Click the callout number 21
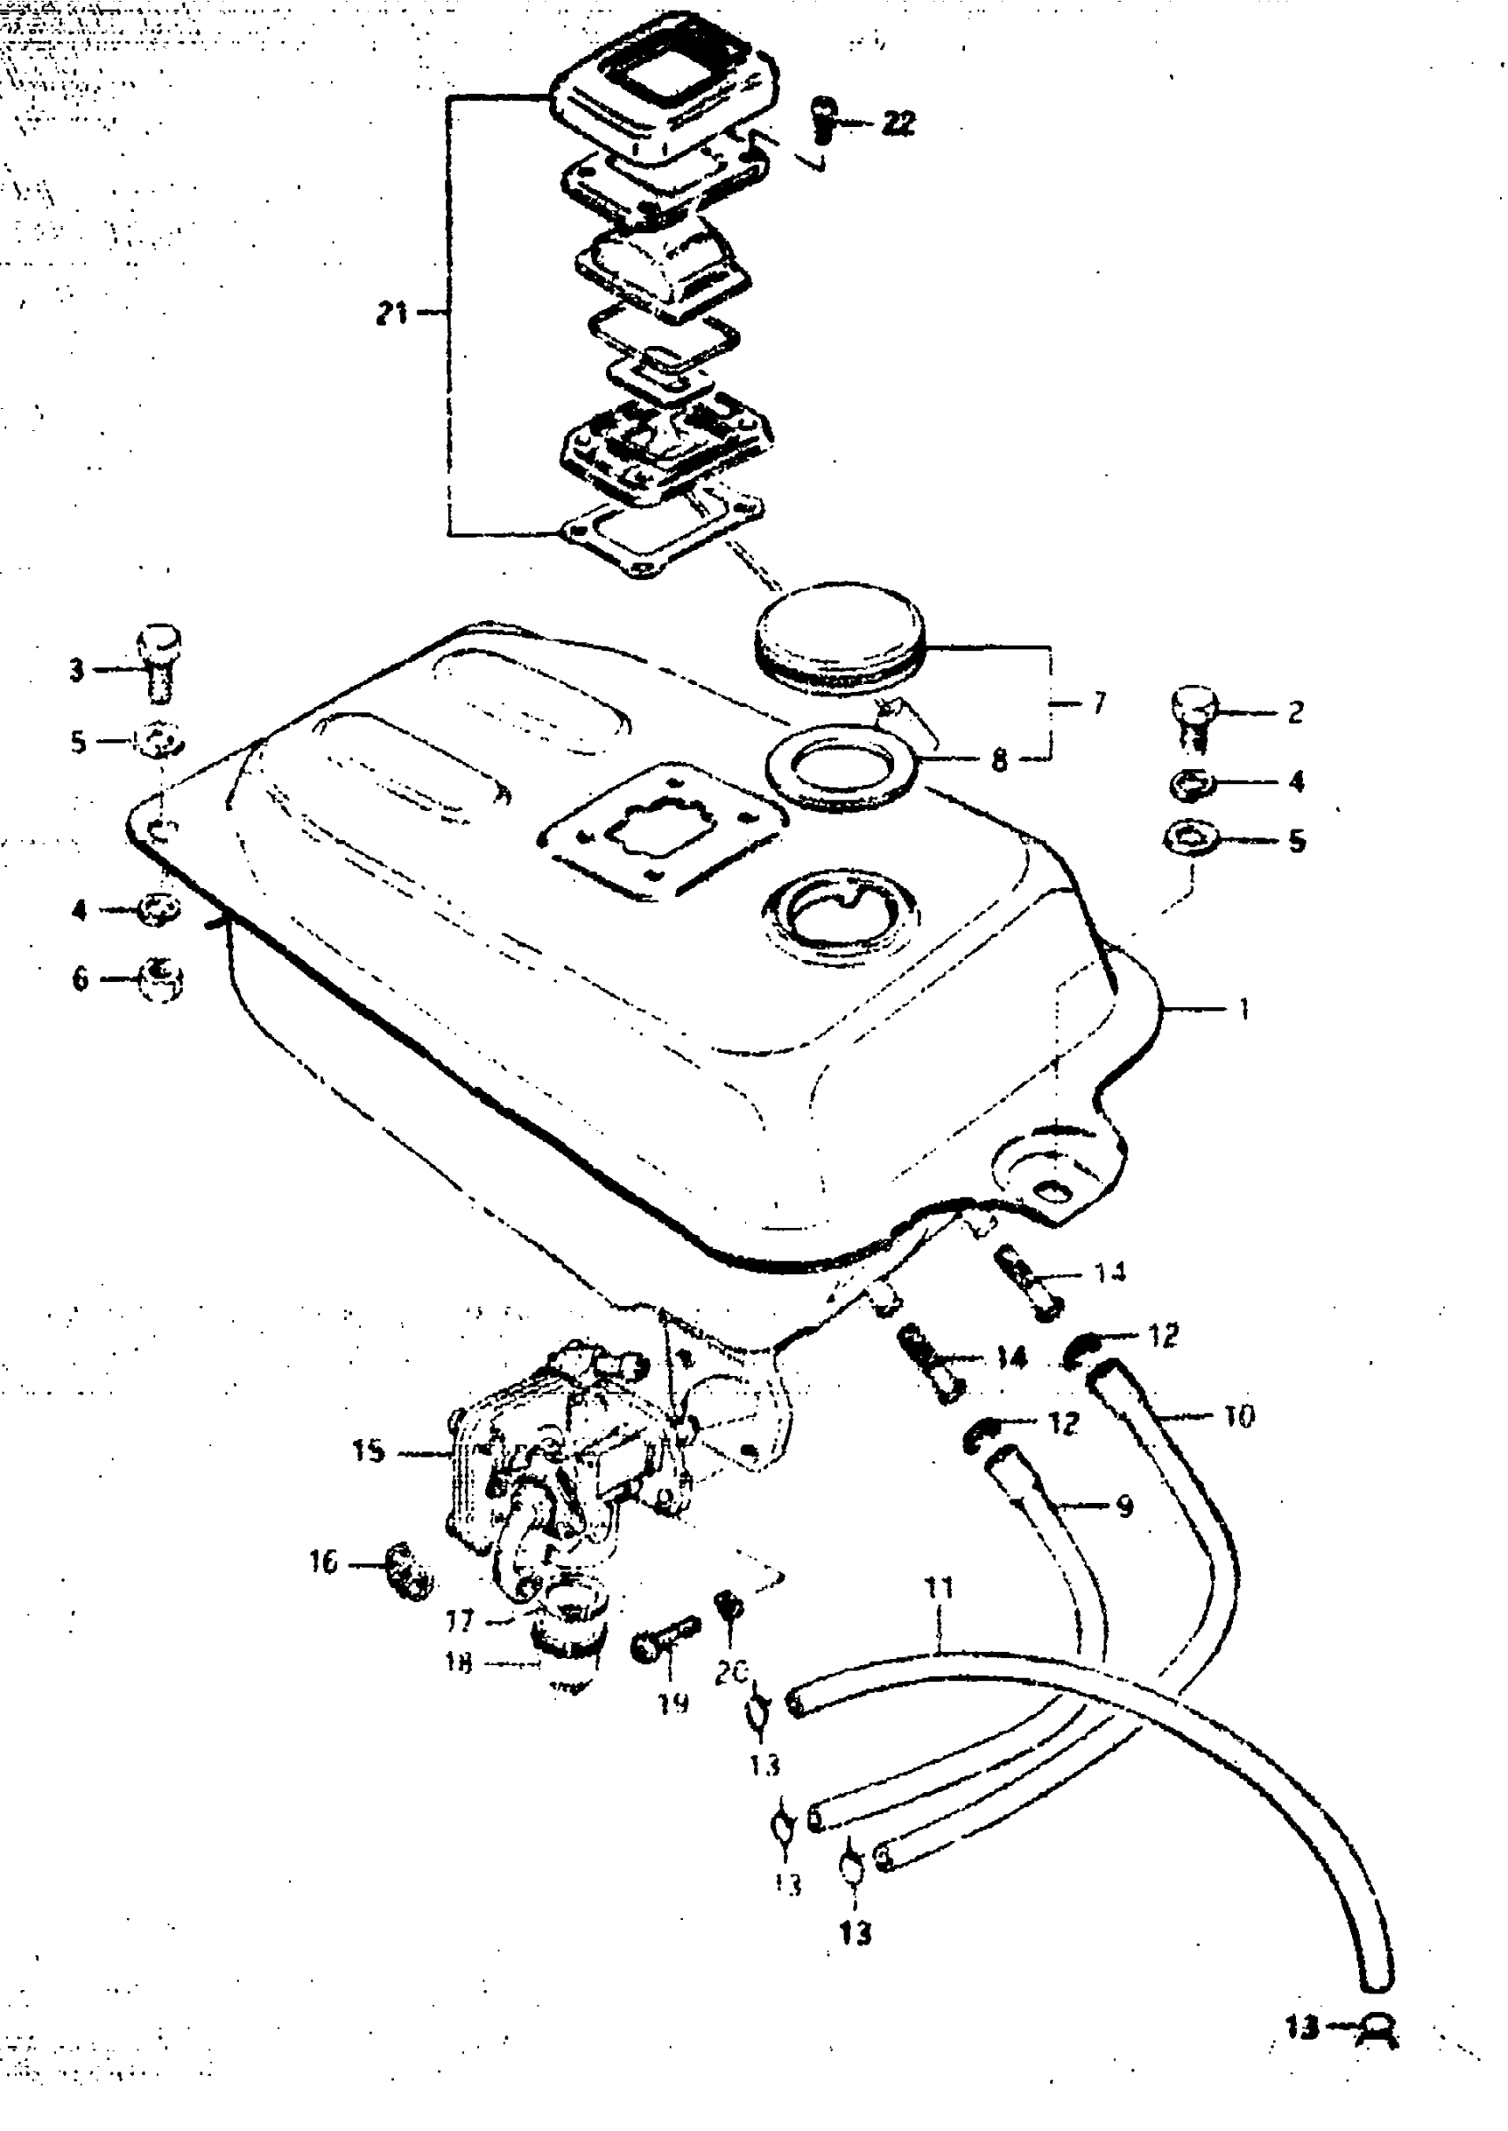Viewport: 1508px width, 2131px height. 391,313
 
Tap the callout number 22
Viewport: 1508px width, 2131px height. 898,122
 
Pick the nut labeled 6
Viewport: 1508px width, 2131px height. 161,979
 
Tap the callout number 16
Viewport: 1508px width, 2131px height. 323,1561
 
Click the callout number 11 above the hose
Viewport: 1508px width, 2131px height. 939,1587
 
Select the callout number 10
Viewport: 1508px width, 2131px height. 1239,1416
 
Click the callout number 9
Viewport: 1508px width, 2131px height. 1124,1506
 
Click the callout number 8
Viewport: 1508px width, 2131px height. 999,760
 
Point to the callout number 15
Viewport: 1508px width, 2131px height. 368,1451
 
